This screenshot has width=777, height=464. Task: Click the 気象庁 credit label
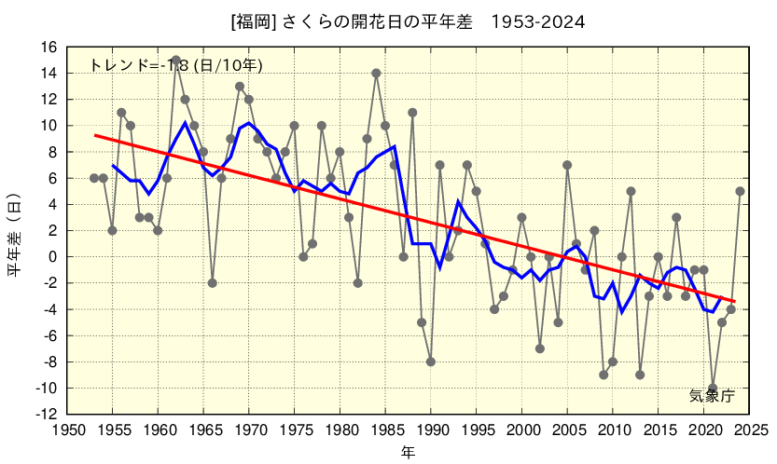coord(712,396)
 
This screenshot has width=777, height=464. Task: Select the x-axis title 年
coord(408,453)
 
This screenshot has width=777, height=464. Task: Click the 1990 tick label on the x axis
coord(431,430)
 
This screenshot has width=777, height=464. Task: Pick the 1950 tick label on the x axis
coord(67,430)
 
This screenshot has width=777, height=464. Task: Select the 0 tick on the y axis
coord(53,256)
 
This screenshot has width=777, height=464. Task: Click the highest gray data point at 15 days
coord(176,60)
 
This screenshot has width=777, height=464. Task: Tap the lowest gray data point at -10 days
coord(713,388)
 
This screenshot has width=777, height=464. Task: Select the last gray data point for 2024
coord(740,191)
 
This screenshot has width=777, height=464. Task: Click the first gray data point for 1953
coord(94,178)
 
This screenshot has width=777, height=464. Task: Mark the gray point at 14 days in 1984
coord(376,73)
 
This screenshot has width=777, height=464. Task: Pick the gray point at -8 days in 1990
coord(431,362)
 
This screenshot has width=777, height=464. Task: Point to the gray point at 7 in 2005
coord(567,165)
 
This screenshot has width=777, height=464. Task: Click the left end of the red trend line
coord(94,135)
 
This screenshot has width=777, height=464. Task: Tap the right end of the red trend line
coord(735,301)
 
